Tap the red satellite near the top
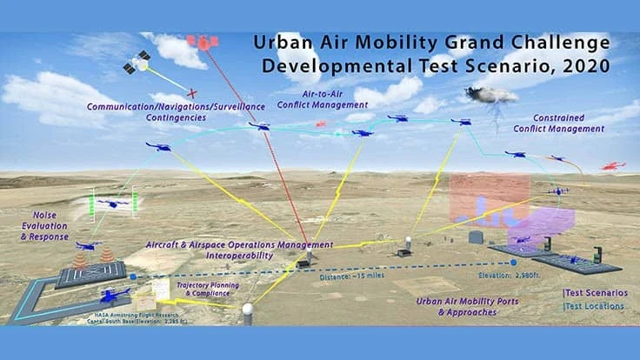[203, 41]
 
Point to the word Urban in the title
[278, 41]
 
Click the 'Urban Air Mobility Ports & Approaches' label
[461, 306]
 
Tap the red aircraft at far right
[614, 164]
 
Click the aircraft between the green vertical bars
[111, 203]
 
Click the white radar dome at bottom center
[247, 309]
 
